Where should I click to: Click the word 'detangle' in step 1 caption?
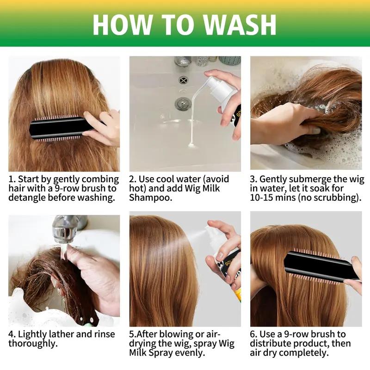[28, 198]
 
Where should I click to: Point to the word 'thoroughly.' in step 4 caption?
[33, 344]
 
